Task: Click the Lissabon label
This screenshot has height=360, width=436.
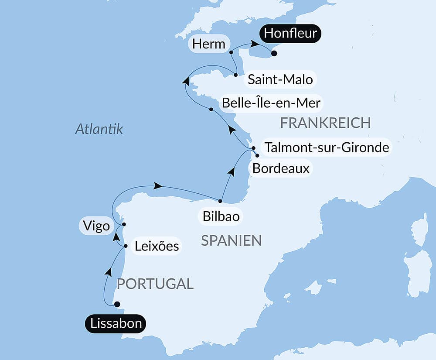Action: [116, 324]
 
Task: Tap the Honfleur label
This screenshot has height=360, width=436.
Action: [290, 34]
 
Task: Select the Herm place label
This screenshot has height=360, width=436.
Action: [209, 44]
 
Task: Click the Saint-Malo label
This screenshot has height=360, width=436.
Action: [280, 80]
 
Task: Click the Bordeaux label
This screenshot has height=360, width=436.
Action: [281, 168]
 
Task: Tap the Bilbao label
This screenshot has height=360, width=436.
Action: [221, 216]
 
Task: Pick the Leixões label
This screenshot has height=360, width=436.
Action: [156, 246]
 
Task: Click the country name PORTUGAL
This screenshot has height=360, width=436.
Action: [155, 284]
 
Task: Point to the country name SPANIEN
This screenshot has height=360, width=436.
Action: [231, 240]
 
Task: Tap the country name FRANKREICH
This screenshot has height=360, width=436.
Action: [325, 123]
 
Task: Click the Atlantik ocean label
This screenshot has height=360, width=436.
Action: [99, 129]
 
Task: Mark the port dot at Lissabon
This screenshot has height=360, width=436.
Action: [117, 304]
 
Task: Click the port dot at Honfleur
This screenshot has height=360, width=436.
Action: [274, 54]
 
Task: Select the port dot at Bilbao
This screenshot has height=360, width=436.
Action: [220, 201]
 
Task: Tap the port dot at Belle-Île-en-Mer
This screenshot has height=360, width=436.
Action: [211, 110]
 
